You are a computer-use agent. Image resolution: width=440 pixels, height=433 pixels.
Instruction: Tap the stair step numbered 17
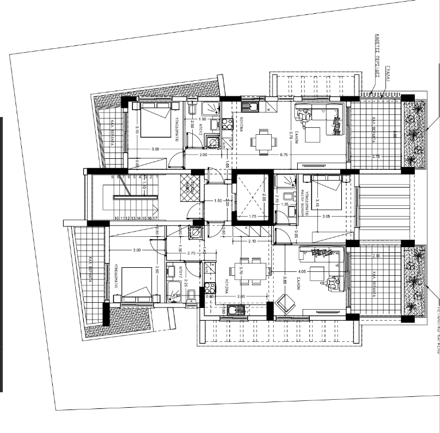155,218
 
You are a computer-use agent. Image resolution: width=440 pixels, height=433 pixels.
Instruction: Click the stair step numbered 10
116,218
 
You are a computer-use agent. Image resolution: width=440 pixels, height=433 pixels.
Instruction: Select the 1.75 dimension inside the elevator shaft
252,216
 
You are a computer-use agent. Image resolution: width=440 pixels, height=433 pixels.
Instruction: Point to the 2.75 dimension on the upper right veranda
376,156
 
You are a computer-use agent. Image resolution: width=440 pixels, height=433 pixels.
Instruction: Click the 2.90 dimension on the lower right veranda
376,256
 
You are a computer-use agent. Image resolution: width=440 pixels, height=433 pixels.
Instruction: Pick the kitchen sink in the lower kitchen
232,310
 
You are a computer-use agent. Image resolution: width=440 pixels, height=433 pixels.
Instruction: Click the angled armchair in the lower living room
285,302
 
